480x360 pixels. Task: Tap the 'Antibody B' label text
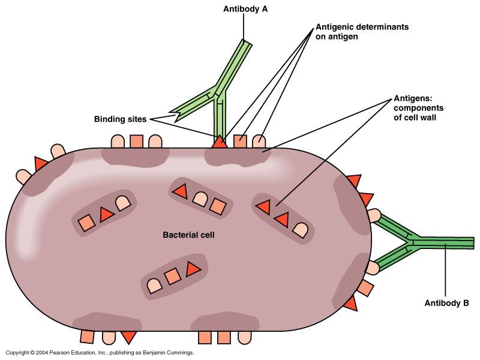(445, 303)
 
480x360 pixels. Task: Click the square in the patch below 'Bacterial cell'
(173, 277)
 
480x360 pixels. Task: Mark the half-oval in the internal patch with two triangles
(299, 228)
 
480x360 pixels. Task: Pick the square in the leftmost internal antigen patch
(87, 223)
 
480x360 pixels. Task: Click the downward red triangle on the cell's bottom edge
(128, 337)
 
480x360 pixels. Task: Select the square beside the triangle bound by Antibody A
(239, 141)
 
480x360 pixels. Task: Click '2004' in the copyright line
(41, 353)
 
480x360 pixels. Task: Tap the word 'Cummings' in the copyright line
(178, 353)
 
